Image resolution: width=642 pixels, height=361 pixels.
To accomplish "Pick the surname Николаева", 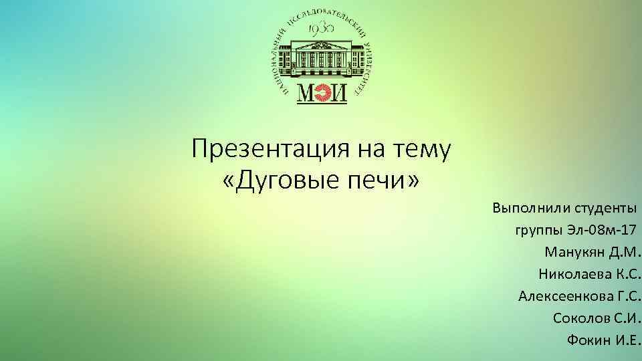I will pyautogui.click(x=568, y=274).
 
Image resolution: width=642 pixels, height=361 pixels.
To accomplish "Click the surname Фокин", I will pyautogui.click(x=588, y=339).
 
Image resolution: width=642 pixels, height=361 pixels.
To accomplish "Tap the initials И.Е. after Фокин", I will pyautogui.click(x=627, y=339).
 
